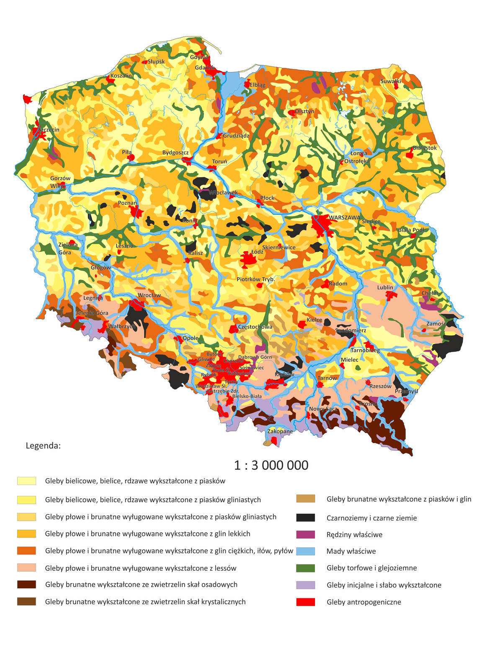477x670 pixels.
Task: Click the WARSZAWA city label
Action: pyautogui.click(x=344, y=218)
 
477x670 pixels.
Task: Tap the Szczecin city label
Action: pyautogui.click(x=49, y=130)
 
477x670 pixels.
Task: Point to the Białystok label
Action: pyautogui.click(x=424, y=148)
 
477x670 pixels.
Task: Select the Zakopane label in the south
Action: pyautogui.click(x=280, y=431)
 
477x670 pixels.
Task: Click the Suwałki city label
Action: pyautogui.click(x=391, y=81)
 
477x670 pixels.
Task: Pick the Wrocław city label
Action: pyautogui.click(x=149, y=295)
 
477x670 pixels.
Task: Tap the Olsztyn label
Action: pyautogui.click(x=304, y=111)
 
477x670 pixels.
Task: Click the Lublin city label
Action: pyautogui.click(x=385, y=287)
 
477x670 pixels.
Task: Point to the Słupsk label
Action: pyautogui.click(x=156, y=62)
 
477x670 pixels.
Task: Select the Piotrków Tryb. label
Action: pyautogui.click(x=255, y=279)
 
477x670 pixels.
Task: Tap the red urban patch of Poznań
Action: pyautogui.click(x=136, y=211)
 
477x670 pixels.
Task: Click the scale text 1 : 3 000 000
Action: pyautogui.click(x=271, y=465)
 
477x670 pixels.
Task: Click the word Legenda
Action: pyautogui.click(x=43, y=446)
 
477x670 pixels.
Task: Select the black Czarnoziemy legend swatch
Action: pyautogui.click(x=305, y=518)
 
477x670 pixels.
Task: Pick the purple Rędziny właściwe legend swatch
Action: pyautogui.click(x=305, y=534)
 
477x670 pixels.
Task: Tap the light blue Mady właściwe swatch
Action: pyautogui.click(x=305, y=551)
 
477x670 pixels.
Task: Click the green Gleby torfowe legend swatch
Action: pyautogui.click(x=305, y=568)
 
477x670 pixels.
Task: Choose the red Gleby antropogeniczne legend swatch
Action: pyautogui.click(x=305, y=602)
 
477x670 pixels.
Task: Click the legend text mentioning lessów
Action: pyautogui.click(x=141, y=568)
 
